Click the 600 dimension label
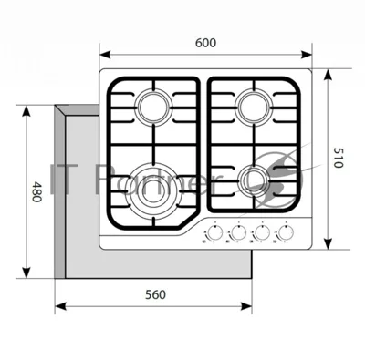[x=205, y=43]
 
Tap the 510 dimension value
[x=339, y=158]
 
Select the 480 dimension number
[x=36, y=192]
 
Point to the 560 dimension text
[x=155, y=294]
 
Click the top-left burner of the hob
[x=153, y=107]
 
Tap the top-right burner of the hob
[x=255, y=107]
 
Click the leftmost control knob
[x=214, y=233]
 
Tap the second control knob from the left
[x=238, y=233]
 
